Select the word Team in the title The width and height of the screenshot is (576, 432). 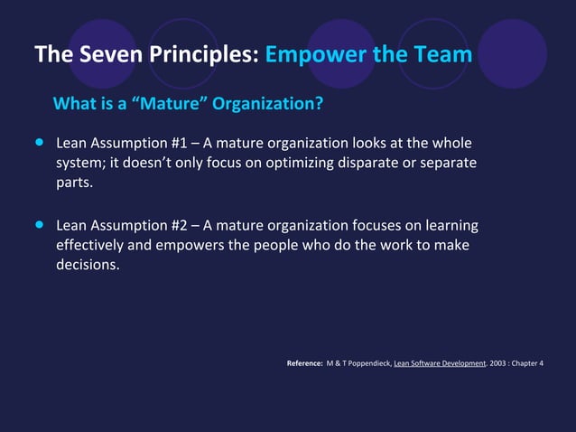442,55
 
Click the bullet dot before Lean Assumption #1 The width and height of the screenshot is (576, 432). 39,143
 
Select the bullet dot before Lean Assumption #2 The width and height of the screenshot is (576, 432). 39,224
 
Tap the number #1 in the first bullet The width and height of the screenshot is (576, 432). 177,144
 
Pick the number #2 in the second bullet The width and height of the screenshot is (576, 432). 177,225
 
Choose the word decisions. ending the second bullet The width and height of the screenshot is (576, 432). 88,265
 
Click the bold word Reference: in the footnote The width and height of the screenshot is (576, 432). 304,364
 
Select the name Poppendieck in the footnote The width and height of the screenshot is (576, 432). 363,364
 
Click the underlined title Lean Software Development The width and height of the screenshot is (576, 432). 440,364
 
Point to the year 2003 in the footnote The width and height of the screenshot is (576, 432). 498,364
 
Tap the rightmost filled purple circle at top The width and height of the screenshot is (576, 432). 512,54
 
